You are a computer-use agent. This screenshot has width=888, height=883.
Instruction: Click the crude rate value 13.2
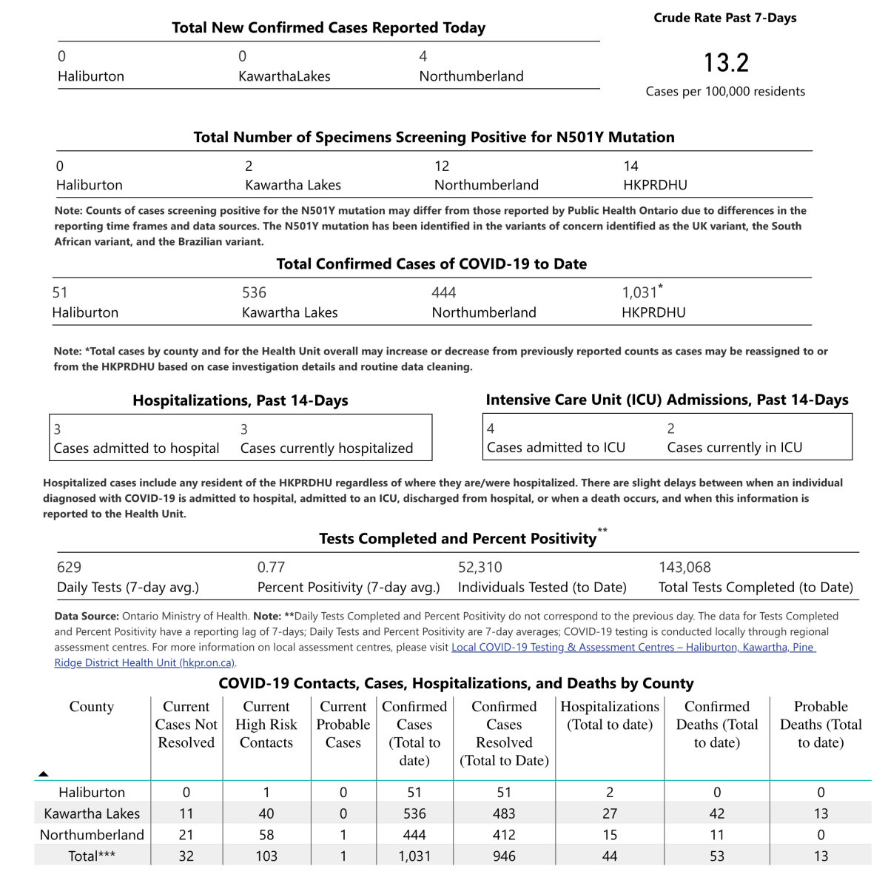[726, 63]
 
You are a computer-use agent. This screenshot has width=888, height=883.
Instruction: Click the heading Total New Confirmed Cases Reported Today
[329, 28]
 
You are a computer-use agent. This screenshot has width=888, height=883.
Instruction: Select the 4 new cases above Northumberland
[423, 56]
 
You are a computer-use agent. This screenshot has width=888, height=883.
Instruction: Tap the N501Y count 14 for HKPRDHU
[630, 166]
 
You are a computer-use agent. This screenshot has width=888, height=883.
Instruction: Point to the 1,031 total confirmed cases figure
[640, 292]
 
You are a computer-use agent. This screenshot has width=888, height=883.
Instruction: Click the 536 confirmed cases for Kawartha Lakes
[254, 292]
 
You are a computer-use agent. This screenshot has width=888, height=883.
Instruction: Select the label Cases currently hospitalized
[326, 449]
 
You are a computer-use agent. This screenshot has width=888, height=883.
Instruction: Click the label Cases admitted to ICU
[556, 448]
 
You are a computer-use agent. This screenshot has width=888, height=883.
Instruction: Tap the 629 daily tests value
[69, 568]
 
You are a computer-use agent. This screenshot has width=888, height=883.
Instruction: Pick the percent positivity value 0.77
[271, 568]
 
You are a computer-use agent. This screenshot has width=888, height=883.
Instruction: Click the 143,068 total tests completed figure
[684, 568]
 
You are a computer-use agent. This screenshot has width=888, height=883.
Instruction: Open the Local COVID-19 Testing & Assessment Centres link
[633, 648]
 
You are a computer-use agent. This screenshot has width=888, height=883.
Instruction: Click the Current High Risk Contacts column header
[266, 725]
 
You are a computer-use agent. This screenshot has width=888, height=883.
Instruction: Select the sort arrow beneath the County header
[44, 773]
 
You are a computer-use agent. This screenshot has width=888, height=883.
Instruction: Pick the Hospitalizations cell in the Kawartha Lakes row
[610, 813]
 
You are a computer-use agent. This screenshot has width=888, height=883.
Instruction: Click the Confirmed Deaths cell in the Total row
[716, 856]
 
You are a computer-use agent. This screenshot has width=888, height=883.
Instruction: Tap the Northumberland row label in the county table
[92, 835]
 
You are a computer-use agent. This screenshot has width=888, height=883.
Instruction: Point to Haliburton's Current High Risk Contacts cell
[266, 793]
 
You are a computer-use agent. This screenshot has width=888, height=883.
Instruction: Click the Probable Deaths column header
[821, 725]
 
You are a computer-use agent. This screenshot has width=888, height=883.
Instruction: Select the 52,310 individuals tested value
[480, 568]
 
